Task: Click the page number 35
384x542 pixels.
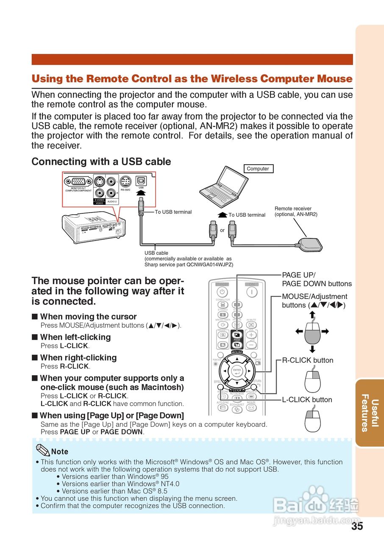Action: click(357, 526)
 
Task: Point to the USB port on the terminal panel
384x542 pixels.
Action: click(141, 181)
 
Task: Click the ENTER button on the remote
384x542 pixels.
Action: click(237, 371)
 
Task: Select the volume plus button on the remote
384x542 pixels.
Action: click(251, 335)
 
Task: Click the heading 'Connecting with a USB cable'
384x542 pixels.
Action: click(101, 161)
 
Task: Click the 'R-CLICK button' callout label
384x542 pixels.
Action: click(308, 360)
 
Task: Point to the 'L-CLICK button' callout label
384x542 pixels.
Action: click(307, 399)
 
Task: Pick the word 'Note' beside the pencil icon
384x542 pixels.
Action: click(59, 452)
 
